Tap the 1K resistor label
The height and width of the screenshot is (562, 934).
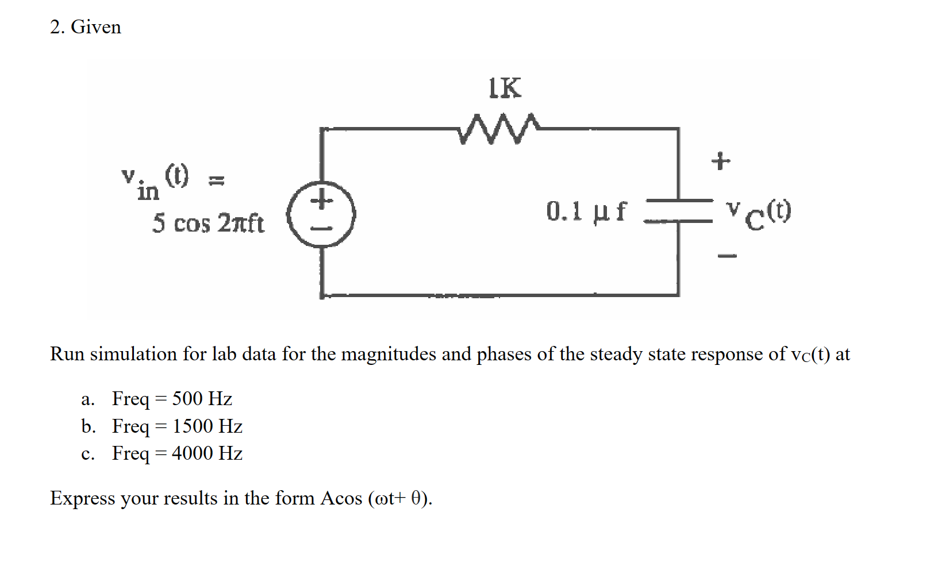(x=505, y=88)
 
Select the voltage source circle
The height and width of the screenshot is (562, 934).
(x=322, y=214)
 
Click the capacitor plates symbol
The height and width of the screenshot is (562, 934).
(x=679, y=210)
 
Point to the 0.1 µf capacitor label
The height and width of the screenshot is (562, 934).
(x=586, y=211)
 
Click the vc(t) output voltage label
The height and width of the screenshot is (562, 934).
(x=759, y=213)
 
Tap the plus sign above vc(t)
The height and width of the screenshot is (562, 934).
(x=721, y=161)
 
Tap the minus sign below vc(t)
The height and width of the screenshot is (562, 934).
(x=727, y=256)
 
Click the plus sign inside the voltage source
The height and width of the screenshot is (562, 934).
(x=322, y=201)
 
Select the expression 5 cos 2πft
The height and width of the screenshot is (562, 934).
(x=208, y=224)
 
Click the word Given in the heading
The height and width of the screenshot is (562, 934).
(x=96, y=27)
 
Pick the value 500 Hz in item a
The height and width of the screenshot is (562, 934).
(x=202, y=398)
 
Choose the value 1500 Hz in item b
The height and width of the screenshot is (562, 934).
(x=207, y=426)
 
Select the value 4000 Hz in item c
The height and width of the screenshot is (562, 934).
(x=207, y=453)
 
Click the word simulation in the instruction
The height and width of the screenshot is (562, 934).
(x=133, y=354)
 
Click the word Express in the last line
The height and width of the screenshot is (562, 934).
(x=82, y=498)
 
